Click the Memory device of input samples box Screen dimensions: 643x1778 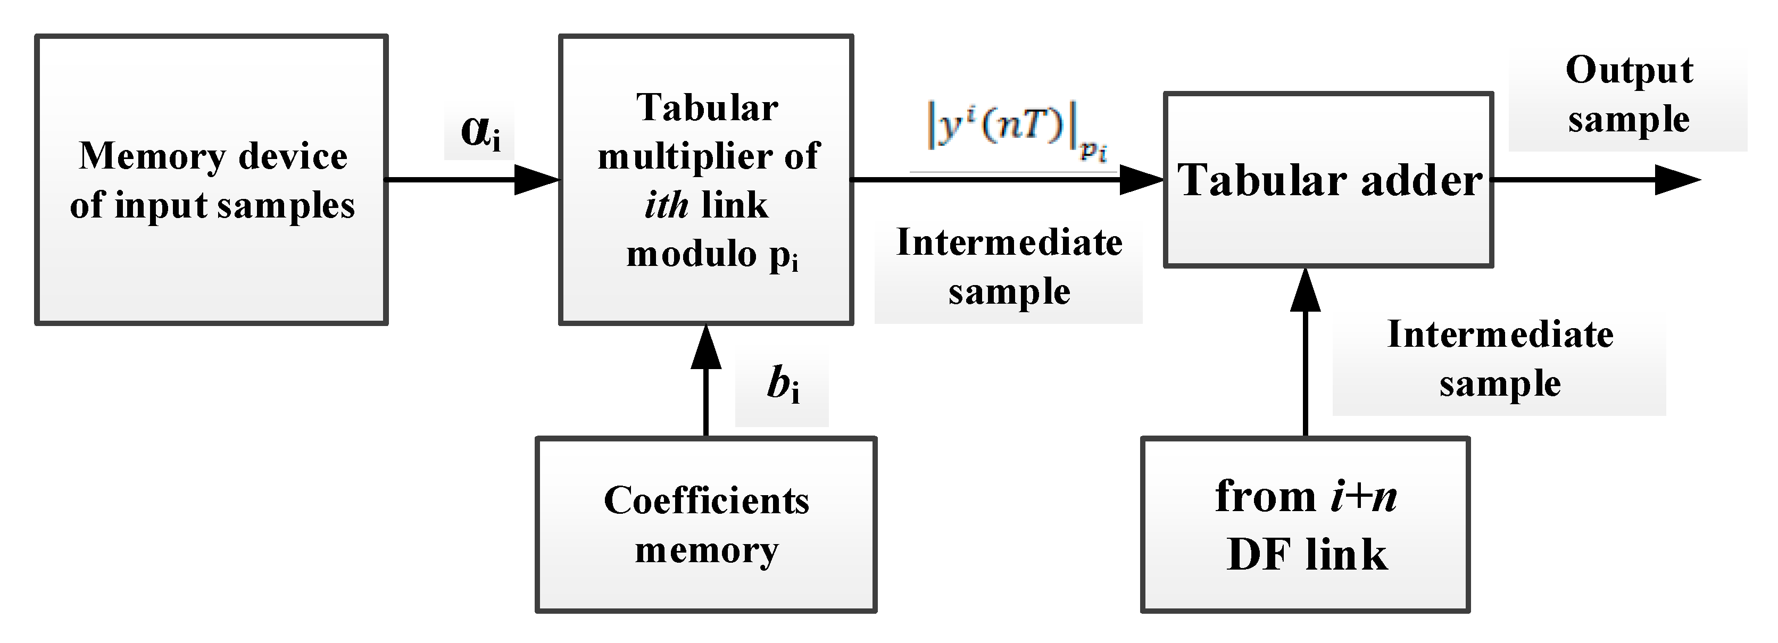[x=211, y=179]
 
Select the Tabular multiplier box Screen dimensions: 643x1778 [x=705, y=179]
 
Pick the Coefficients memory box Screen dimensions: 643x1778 [x=705, y=524]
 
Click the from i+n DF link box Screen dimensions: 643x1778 [x=1305, y=524]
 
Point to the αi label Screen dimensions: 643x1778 [x=480, y=132]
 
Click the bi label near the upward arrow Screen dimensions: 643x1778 [x=782, y=386]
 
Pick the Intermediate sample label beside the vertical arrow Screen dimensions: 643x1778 [x=1499, y=359]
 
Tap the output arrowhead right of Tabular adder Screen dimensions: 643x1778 [x=1677, y=180]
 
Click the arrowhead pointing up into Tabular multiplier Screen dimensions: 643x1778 [x=705, y=347]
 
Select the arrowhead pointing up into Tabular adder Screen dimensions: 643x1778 [x=1305, y=290]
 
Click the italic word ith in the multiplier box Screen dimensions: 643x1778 [x=666, y=206]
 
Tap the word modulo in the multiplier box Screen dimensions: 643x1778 [x=692, y=255]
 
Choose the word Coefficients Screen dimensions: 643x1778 [x=705, y=501]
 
